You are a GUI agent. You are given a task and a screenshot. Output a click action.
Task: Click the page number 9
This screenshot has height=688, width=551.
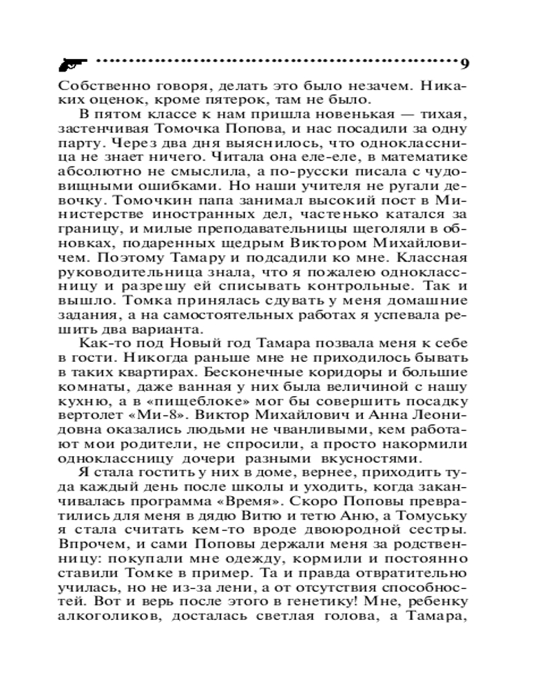point(464,65)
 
